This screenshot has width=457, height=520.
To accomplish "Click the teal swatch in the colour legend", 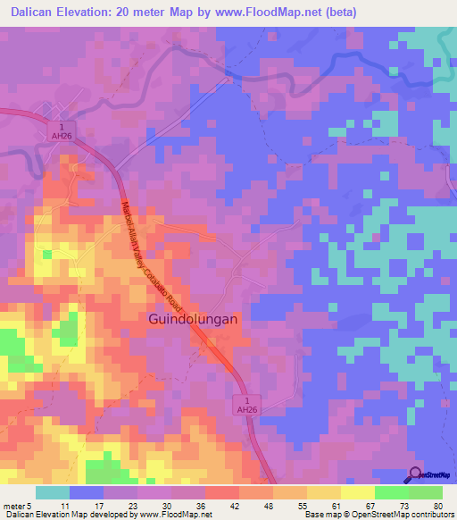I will click(x=53, y=492).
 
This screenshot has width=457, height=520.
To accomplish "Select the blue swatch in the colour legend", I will click(x=87, y=492).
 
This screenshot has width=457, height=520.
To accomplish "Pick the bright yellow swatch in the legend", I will click(x=358, y=492).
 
